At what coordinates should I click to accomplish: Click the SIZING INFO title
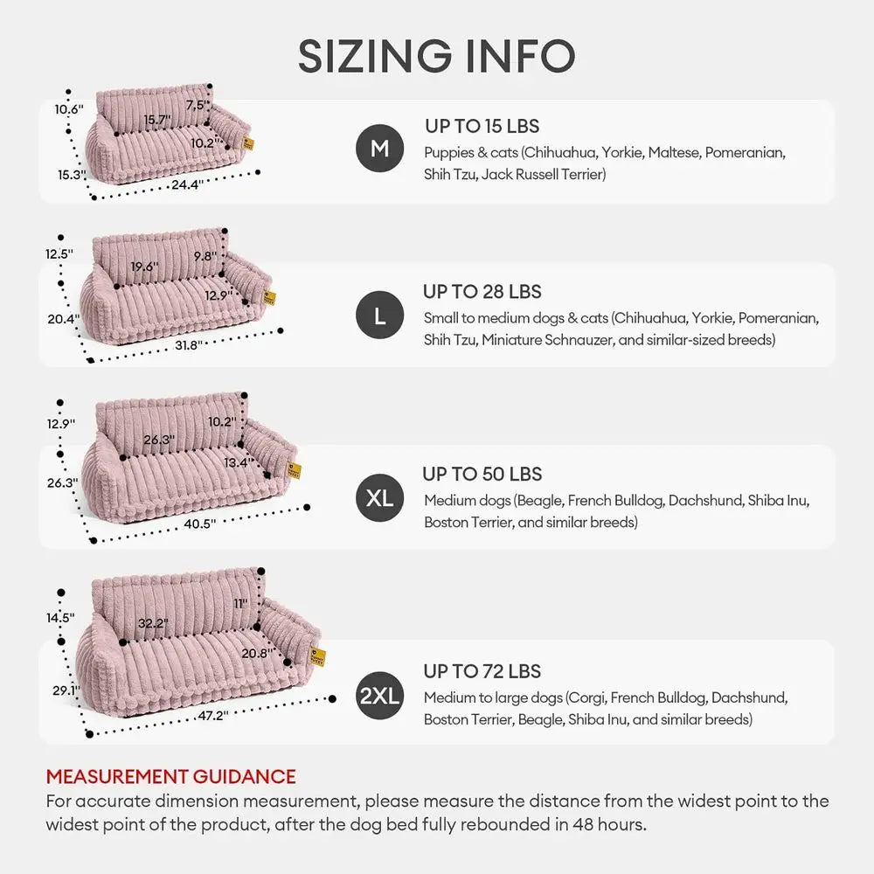pyautogui.click(x=436, y=56)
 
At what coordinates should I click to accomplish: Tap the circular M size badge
pyautogui.click(x=379, y=149)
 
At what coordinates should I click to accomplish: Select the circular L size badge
pyautogui.click(x=379, y=316)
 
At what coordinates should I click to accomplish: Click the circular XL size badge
pyautogui.click(x=379, y=498)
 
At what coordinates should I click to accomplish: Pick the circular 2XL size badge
pyautogui.click(x=379, y=696)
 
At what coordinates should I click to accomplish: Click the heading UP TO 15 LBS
pyautogui.click(x=482, y=127)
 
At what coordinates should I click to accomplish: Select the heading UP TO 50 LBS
pyautogui.click(x=482, y=475)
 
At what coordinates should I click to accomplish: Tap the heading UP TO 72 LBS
pyautogui.click(x=482, y=671)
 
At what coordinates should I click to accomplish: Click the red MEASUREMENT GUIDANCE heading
pyautogui.click(x=170, y=776)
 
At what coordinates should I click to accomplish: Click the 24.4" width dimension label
pyautogui.click(x=187, y=184)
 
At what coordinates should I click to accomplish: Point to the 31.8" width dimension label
pyautogui.click(x=189, y=345)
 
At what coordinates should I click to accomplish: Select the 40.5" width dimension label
pyautogui.click(x=200, y=524)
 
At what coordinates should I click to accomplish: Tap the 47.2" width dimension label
pyautogui.click(x=212, y=714)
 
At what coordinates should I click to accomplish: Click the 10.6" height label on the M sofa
pyautogui.click(x=69, y=110)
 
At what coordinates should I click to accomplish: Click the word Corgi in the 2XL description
pyautogui.click(x=586, y=698)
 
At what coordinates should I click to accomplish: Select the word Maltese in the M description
pyautogui.click(x=673, y=153)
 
